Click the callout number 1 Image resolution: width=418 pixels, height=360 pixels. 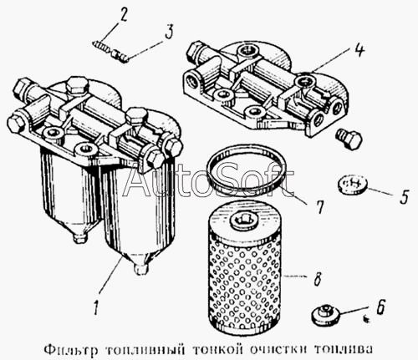pyautogui.click(x=96, y=307)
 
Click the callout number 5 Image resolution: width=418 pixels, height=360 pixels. pyautogui.click(x=405, y=196)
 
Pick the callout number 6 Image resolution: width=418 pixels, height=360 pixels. pyautogui.click(x=381, y=307)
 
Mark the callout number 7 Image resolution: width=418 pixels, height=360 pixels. pyautogui.click(x=319, y=207)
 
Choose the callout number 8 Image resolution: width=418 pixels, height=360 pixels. pyautogui.click(x=317, y=278)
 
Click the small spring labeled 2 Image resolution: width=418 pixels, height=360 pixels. pyautogui.click(x=100, y=47)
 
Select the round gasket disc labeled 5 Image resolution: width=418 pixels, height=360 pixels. pyautogui.click(x=352, y=185)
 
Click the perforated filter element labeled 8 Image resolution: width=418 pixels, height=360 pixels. pyautogui.click(x=244, y=268)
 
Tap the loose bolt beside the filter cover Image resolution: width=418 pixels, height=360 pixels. pyautogui.click(x=349, y=139)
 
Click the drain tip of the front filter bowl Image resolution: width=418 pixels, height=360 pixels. pyautogui.click(x=140, y=269)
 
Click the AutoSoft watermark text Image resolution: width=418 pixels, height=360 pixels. pyautogui.click(x=208, y=180)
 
